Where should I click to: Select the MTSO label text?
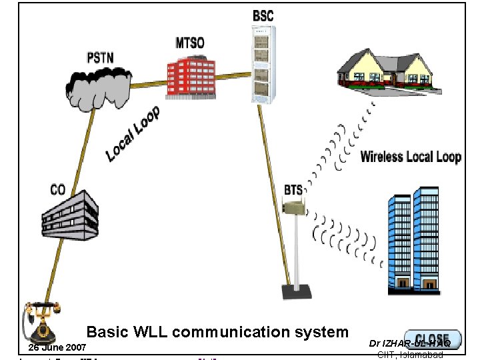tap(190, 43)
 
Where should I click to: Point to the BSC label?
tap(263, 15)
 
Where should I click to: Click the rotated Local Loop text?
tap(133, 134)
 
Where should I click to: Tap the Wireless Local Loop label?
tap(411, 157)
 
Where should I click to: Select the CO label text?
tap(58, 190)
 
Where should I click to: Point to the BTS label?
tap(293, 190)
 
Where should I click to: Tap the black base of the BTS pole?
tap(296, 291)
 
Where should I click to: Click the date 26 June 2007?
tap(57, 348)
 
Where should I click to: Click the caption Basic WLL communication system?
tap(217, 332)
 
